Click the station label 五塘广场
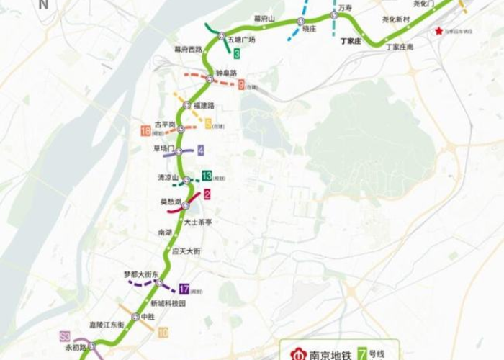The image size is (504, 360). coord(240,40)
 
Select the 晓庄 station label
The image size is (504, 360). coord(310,30)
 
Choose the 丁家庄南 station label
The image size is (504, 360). coord(400,47)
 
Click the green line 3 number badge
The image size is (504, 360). coord(236,53)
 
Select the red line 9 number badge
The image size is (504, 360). coord(240,84)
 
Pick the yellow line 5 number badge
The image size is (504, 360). coord(209,123)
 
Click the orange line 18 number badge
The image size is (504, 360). coord(146,131)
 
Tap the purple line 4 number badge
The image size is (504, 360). coord(200,150)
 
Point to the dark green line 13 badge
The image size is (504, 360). coord(207,176)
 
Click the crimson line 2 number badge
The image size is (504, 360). coord(207,194)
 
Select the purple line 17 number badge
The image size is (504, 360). coord(184,289)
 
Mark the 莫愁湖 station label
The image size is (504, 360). coord(171,202)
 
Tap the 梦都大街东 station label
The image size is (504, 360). coord(140,274)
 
